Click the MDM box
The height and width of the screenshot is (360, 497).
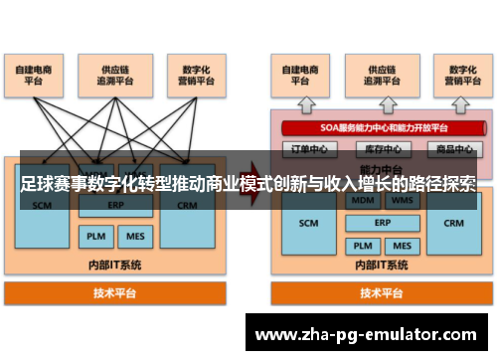click(x=362, y=201)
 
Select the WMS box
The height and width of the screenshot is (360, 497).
click(x=402, y=201)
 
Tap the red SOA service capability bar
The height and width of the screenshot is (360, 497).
click(x=381, y=128)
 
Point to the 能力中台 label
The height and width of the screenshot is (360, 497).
click(x=381, y=169)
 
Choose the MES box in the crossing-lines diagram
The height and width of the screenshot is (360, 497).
click(x=132, y=237)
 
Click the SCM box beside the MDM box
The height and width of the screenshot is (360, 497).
click(x=309, y=223)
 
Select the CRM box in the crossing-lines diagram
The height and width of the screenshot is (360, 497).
click(x=188, y=207)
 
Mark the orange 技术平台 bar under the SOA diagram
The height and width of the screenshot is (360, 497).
click(x=381, y=294)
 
